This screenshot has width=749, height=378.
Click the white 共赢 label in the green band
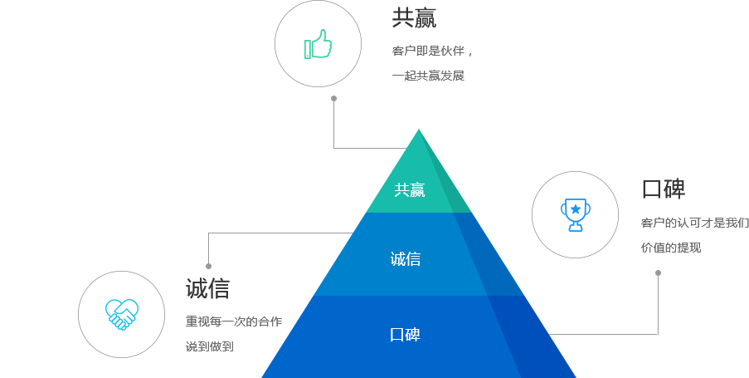[x=409, y=190]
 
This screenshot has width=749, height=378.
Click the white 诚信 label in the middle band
[x=405, y=259]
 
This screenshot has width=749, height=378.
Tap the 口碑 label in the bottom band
[x=405, y=336]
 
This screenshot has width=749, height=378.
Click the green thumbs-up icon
[x=318, y=45]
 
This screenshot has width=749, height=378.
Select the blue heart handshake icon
[x=122, y=314]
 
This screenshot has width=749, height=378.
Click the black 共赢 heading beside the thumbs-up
[x=414, y=18]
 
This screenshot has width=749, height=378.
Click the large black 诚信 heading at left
[x=207, y=288]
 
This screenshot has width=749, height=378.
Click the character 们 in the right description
[x=743, y=223]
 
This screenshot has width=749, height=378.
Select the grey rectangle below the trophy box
[x=618, y=303]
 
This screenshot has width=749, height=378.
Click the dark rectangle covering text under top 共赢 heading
[x=439, y=63]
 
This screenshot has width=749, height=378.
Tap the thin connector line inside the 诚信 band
[x=315, y=233]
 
